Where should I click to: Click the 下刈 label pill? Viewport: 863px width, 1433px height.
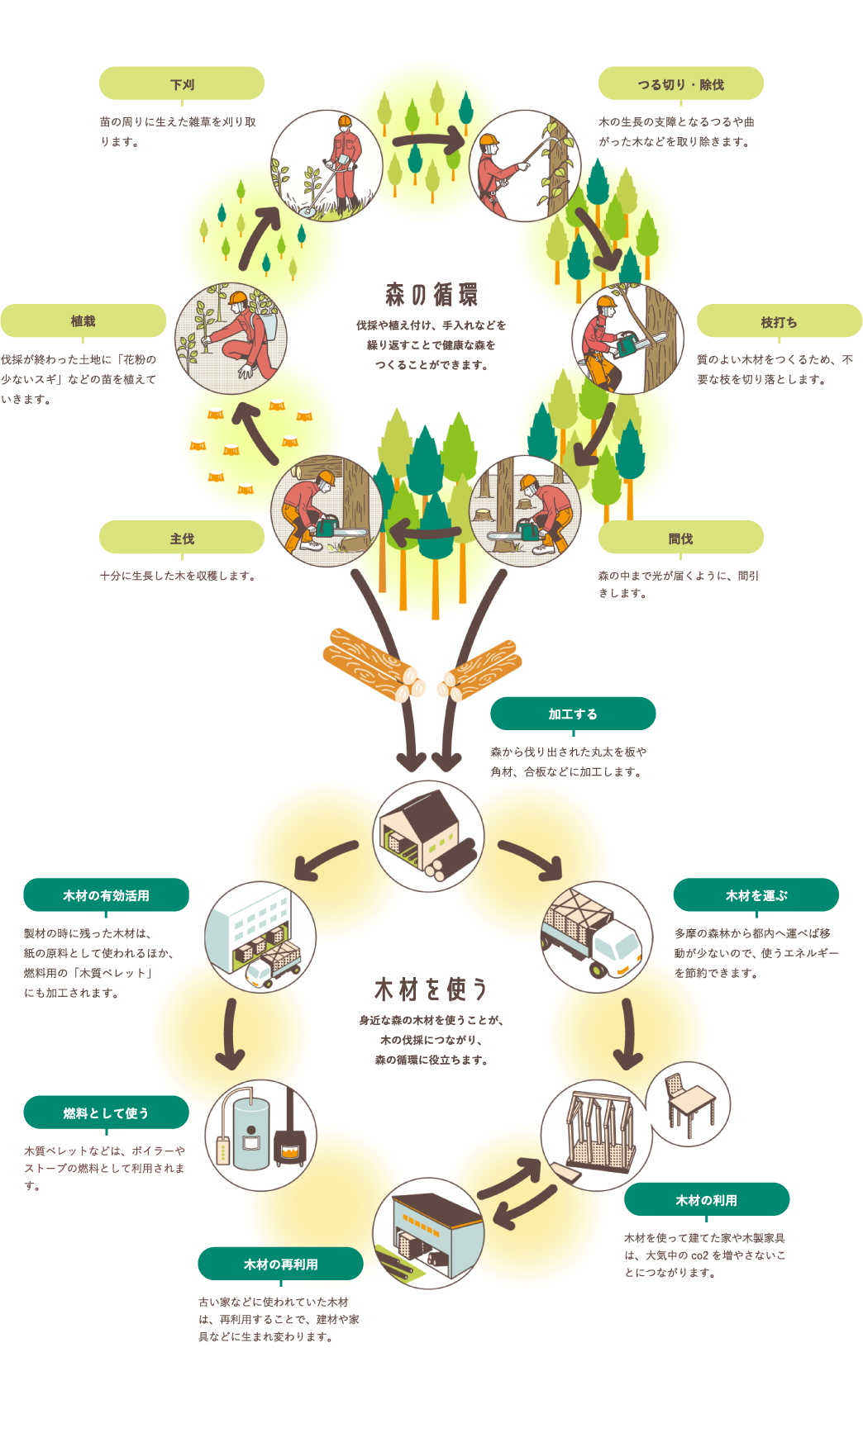pos(182,84)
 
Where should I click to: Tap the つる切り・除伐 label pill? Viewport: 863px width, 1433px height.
pos(680,84)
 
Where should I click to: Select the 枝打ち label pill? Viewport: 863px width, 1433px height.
pos(779,322)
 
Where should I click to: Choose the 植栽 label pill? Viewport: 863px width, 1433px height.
pos(83,321)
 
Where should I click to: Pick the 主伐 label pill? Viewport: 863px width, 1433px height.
pos(182,539)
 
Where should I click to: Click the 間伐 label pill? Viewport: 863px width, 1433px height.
pos(680,539)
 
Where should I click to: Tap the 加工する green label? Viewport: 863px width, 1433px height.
pos(573,714)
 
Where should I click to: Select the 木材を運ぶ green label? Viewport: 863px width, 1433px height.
pos(756,895)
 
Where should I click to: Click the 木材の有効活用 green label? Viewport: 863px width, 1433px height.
pos(106,895)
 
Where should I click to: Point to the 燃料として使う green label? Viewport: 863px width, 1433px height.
pos(106,1113)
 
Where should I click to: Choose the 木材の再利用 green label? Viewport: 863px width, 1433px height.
pos(280,1264)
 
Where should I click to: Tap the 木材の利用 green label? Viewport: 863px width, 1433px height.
pos(707,1200)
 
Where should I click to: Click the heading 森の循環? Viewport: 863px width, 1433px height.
pos(431,294)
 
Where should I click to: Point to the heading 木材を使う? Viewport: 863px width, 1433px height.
pos(431,989)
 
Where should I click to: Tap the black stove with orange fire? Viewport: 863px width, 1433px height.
pos(290,1144)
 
